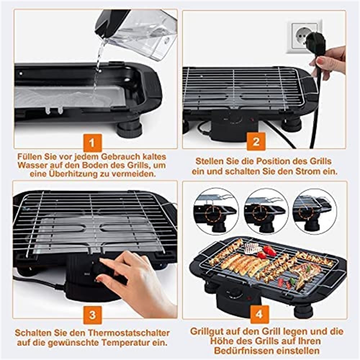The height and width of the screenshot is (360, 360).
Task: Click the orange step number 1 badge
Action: tap(92, 143)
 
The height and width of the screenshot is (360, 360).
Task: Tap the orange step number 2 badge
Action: tap(256, 141)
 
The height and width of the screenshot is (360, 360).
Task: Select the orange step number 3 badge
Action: tap(92, 315)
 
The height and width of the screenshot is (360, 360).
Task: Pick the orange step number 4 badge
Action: tap(259, 314)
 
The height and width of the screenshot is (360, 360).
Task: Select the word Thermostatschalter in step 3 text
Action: tap(129, 333)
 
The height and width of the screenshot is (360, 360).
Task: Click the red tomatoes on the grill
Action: tap(267, 252)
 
